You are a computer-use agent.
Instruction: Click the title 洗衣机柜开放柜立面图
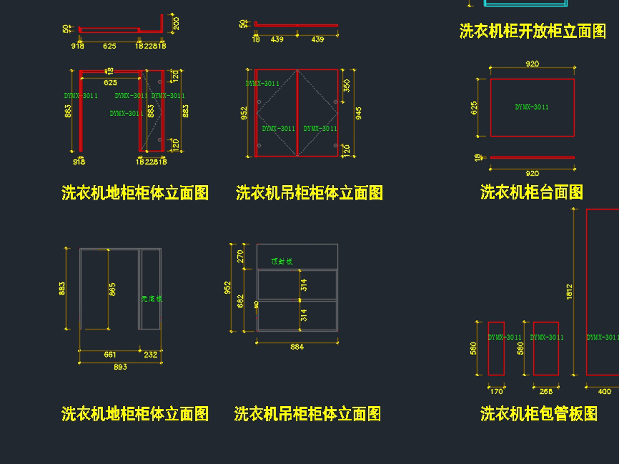532,31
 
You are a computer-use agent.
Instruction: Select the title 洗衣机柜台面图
531,193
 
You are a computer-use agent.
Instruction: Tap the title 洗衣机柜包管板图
539,413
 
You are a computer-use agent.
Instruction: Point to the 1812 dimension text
569,292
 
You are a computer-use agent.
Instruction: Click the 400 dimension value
604,391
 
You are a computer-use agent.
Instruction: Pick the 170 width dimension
496,391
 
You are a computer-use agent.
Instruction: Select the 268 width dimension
546,391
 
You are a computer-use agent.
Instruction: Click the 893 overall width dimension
120,367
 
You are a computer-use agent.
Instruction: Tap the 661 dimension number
110,355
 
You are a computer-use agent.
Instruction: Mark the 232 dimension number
151,355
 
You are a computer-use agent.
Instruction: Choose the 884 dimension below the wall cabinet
297,347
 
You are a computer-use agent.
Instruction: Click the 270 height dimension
239,256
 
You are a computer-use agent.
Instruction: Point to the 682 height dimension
239,301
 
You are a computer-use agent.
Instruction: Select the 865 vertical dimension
112,289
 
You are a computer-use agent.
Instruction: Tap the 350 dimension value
347,85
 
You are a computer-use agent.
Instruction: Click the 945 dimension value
359,113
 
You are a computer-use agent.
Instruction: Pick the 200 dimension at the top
176,23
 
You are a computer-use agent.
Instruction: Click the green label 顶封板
282,262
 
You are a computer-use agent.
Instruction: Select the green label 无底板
152,298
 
